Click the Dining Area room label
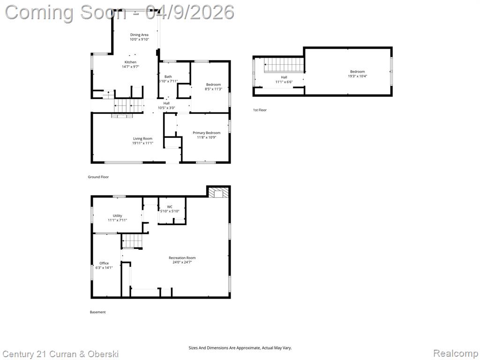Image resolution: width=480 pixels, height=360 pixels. click(139, 35)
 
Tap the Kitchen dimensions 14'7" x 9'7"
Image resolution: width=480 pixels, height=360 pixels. click(131, 67)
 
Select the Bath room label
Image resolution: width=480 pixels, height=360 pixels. click(168, 76)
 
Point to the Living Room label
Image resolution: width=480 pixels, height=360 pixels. click(142, 139)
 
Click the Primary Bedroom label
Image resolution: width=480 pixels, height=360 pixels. click(207, 133)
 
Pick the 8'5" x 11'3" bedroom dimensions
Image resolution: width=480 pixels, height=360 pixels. click(213, 89)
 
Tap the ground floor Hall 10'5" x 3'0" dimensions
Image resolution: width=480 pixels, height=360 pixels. click(166, 108)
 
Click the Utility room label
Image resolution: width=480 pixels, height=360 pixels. click(117, 216)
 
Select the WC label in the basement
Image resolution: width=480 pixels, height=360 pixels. click(170, 207)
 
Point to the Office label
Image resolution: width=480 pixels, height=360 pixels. click(104, 263)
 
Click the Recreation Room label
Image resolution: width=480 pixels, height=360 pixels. click(182, 258)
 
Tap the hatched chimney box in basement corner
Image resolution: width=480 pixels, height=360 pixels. click(218, 192)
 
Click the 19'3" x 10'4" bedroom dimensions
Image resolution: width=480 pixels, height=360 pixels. click(358, 76)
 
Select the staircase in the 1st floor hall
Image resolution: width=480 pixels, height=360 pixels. click(285, 65)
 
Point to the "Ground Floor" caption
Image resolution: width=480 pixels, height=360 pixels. click(98, 177)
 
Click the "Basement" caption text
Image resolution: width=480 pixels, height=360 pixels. click(97, 312)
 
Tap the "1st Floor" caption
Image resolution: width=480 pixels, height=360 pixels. click(260, 110)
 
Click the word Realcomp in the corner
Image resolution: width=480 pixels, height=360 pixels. click(456, 353)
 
